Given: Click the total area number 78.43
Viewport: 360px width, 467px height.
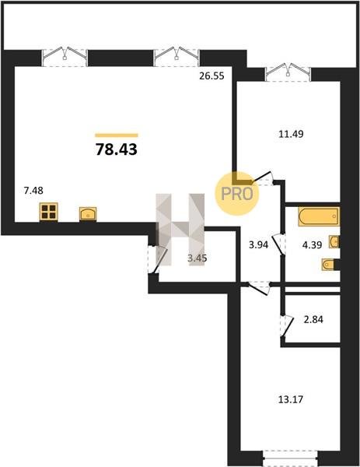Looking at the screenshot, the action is point(117,149).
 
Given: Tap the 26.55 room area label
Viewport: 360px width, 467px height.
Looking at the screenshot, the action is point(211,76).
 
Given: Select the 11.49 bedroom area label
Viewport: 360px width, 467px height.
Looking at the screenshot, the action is point(291,134).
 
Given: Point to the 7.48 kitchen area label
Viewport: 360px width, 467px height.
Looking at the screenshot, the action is point(33,191).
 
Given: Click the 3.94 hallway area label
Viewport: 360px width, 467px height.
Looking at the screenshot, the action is point(259,245).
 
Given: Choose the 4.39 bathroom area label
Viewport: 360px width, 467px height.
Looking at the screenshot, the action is point(312,245).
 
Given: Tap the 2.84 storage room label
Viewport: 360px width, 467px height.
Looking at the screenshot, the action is point(313,320).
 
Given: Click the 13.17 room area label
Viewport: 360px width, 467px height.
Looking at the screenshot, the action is point(291,399).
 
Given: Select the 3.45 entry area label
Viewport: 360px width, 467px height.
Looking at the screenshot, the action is point(197,258).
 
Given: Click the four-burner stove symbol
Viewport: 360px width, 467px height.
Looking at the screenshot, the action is point(49,212).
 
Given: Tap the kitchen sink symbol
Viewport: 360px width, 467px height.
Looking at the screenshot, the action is point(88,214).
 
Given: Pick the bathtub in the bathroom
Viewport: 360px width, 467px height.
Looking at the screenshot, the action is point(319,216).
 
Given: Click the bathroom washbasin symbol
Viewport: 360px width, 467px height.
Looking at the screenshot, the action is point(334,241).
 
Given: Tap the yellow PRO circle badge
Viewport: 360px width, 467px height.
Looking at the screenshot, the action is point(237,194).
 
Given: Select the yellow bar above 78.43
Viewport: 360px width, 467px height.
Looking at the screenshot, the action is point(117,135).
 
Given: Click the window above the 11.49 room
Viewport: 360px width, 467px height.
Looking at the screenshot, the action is point(288,72).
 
